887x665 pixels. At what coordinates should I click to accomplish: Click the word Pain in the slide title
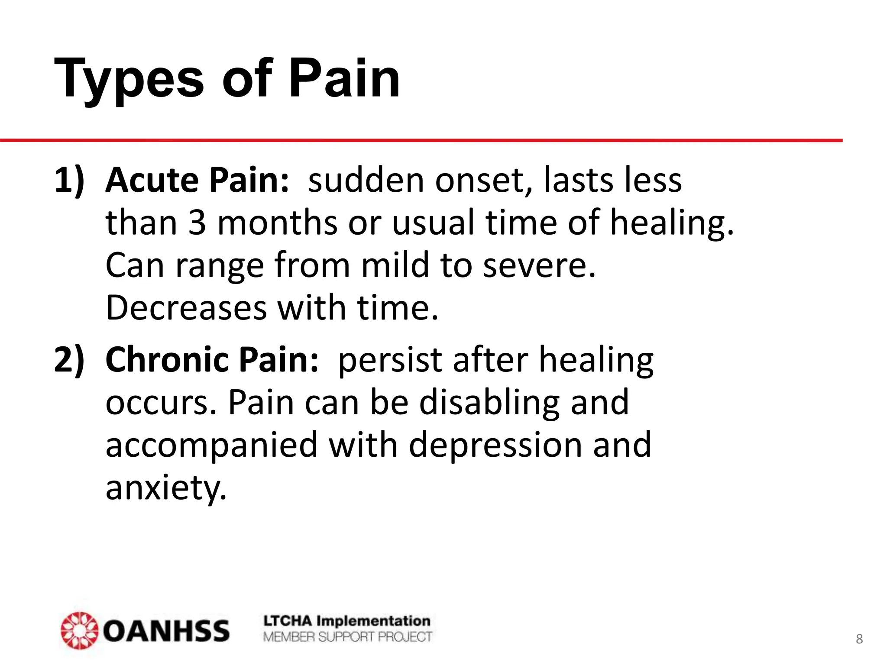pyautogui.click(x=344, y=79)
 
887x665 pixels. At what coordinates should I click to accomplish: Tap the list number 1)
pyautogui.click(x=69, y=180)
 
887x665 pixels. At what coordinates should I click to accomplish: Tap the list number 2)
pyautogui.click(x=69, y=359)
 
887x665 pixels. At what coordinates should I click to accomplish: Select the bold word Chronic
pyautogui.click(x=167, y=359)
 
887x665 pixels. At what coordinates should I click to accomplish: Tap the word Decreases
pyautogui.click(x=186, y=308)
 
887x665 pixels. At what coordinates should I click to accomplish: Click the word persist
pyautogui.click(x=390, y=359)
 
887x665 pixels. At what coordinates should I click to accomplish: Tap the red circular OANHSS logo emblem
pyautogui.click(x=79, y=630)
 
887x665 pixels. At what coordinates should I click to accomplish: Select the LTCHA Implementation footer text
pyautogui.click(x=347, y=621)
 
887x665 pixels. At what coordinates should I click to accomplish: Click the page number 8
pyautogui.click(x=859, y=639)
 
